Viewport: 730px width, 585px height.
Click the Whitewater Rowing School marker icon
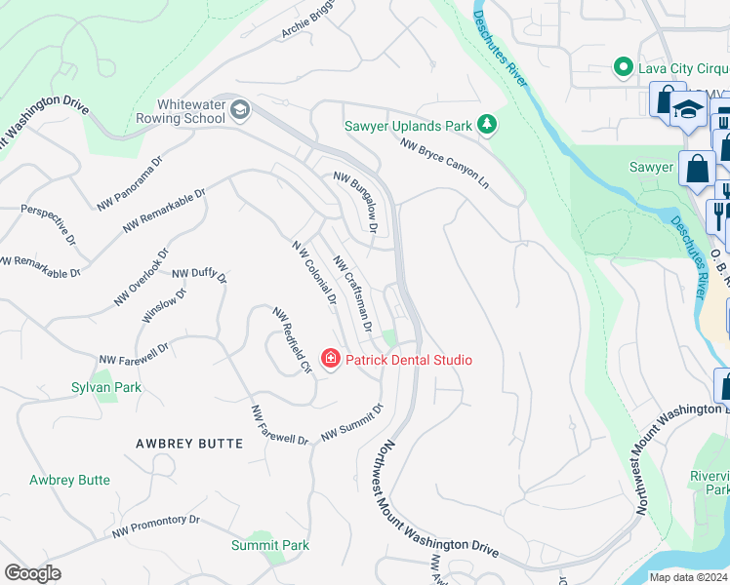(239, 109)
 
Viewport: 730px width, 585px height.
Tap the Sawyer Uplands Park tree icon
(486, 125)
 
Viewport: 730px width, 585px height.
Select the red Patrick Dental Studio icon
(330, 360)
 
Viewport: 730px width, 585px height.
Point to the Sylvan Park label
(106, 387)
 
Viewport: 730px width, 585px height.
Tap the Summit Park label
(270, 545)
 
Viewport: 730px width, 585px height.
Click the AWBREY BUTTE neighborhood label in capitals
(189, 444)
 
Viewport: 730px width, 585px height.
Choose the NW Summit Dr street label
(352, 420)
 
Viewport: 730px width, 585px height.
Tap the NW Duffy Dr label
(199, 276)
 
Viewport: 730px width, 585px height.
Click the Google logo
(32, 573)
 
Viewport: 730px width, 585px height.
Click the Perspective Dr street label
(48, 223)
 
